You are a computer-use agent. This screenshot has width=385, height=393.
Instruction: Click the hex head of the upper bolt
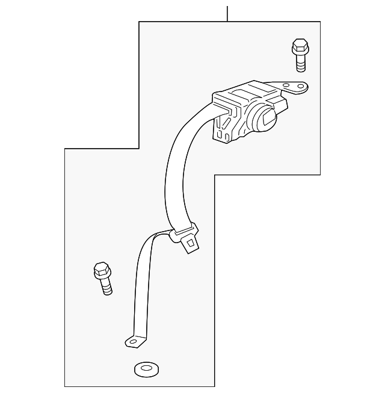click(299, 45)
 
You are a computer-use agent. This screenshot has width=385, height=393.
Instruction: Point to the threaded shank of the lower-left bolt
click(105, 286)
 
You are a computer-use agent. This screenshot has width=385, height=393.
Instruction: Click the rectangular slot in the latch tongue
click(191, 243)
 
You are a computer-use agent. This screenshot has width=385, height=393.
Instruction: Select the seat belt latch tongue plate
click(188, 240)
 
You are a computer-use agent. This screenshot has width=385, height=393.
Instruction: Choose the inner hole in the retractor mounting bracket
click(286, 85)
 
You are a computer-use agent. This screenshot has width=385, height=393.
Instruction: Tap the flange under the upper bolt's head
click(299, 53)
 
